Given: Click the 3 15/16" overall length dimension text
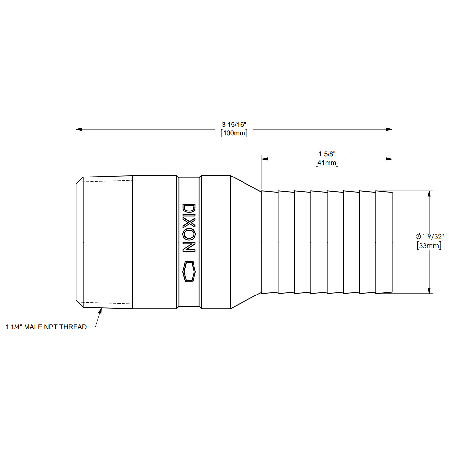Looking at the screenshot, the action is (234, 125).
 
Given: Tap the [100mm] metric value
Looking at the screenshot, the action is (234, 133).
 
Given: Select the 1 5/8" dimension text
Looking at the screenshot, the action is (327, 154).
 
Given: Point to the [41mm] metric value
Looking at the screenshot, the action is (327, 163).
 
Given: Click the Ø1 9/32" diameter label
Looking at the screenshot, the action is (430, 236).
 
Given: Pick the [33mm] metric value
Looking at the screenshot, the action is (429, 245).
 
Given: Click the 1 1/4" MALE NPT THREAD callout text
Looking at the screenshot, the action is (46, 327).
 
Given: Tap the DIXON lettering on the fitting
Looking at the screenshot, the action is (189, 227).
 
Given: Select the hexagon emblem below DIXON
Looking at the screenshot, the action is (189, 271).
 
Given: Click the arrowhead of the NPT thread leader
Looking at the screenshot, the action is (100, 311).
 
